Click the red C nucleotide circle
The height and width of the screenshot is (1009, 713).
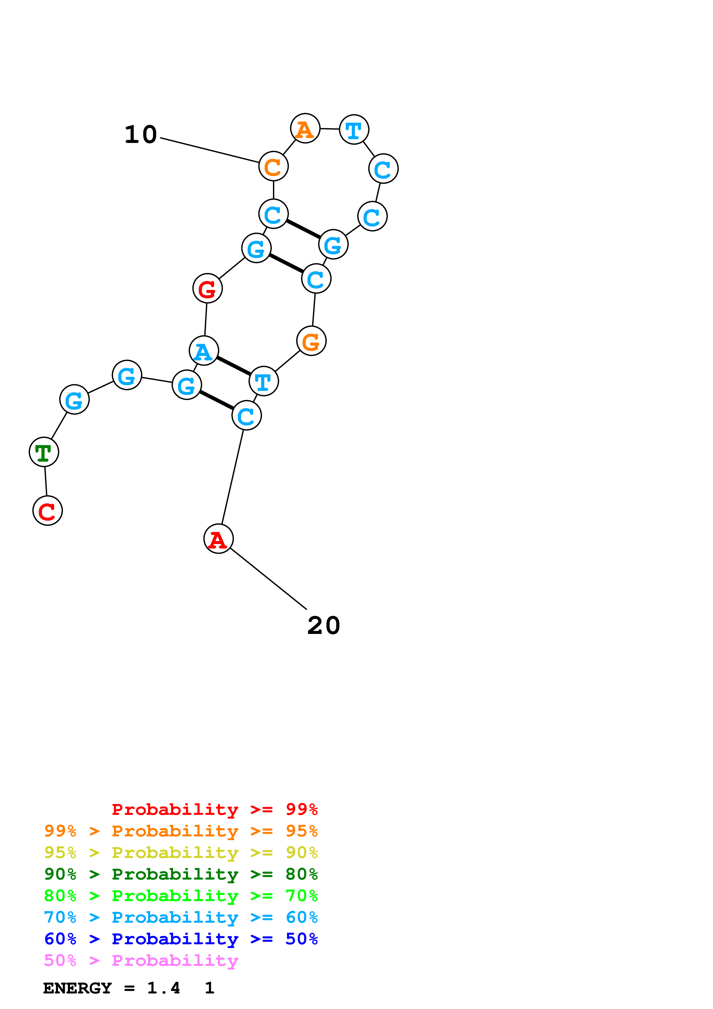(x=47, y=511)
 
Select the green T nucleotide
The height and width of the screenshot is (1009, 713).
(x=44, y=452)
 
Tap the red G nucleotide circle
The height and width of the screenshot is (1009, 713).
(x=207, y=288)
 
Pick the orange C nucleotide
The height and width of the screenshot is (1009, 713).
(x=273, y=166)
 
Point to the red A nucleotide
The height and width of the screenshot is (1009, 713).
(x=218, y=539)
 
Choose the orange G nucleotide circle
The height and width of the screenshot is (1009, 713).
(x=311, y=341)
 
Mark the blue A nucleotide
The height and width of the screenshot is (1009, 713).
(x=204, y=351)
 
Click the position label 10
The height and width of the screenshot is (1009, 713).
(x=141, y=135)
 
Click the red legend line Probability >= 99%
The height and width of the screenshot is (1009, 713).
(x=214, y=809)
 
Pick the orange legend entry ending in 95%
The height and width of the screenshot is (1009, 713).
(x=181, y=831)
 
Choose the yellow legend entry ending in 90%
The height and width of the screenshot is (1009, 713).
(x=181, y=853)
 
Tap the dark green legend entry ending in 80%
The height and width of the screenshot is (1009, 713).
(x=181, y=874)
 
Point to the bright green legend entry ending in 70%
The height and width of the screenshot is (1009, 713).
(x=181, y=896)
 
